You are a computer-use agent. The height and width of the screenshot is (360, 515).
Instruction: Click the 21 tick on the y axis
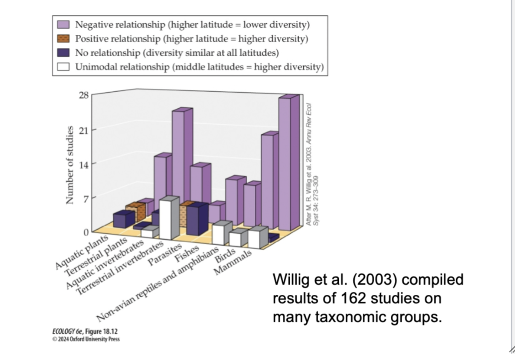[84, 130]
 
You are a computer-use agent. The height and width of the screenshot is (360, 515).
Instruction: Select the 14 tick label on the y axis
[84, 164]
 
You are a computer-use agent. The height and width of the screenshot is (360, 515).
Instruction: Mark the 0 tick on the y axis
[86, 232]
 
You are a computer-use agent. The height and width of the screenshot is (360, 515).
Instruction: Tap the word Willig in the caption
[291, 280]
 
